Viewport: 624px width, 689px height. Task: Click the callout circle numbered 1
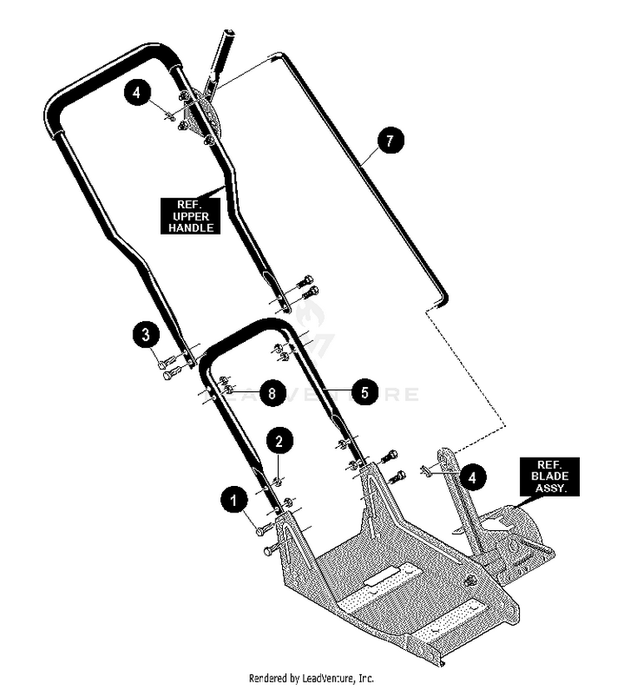point(234,499)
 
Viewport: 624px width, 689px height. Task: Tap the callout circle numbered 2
point(279,441)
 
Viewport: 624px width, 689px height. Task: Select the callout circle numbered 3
point(146,335)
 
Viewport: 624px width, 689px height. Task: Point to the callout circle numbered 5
point(364,392)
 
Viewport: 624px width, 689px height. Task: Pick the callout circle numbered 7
point(389,141)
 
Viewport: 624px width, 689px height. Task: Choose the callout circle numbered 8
point(272,393)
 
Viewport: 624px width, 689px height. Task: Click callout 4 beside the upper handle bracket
point(137,93)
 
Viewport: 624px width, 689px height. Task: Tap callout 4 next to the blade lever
point(473,477)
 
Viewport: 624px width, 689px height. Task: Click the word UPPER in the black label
point(191,216)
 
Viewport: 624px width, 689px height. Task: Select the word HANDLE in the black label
point(191,228)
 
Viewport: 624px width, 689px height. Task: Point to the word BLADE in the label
point(549,476)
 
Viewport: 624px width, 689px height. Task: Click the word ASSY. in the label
point(549,488)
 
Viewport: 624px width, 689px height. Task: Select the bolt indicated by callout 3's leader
point(166,363)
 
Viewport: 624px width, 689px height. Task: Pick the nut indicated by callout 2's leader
point(279,482)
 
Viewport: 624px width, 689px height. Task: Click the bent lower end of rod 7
point(442,300)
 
